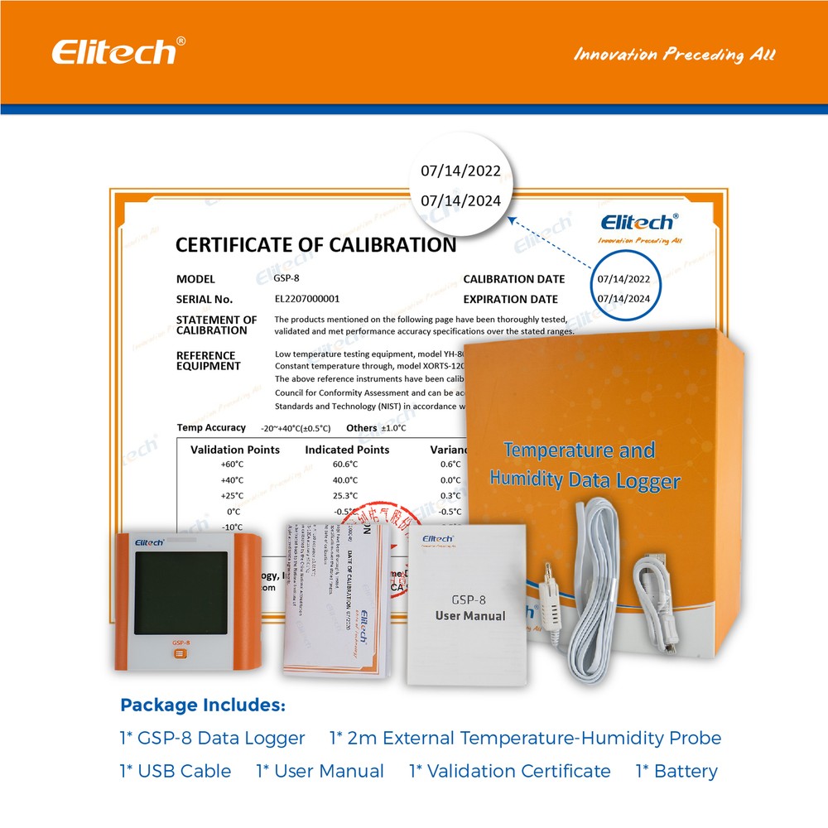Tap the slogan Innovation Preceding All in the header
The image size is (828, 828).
675,55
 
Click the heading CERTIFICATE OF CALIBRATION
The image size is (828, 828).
315,245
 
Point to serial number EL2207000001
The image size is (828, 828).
306,299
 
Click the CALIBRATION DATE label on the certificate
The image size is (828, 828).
513,279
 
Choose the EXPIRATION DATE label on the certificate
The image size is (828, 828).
510,299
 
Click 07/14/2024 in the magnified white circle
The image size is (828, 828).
460,200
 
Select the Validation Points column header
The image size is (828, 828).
235,450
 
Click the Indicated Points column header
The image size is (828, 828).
347,450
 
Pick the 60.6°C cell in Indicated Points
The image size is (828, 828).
344,465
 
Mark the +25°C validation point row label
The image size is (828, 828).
232,495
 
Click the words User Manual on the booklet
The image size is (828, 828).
470,616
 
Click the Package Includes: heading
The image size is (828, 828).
203,705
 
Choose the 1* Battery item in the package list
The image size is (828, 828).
676,771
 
